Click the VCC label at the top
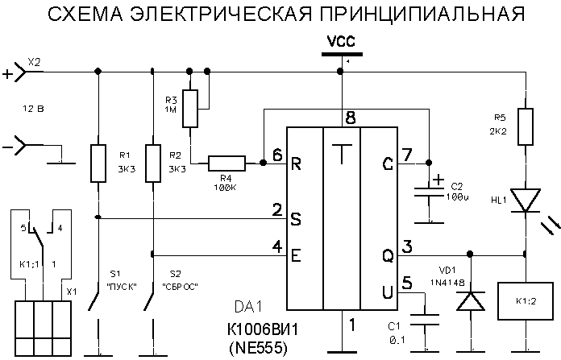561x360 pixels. [x=340, y=40]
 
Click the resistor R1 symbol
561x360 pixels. [x=98, y=162]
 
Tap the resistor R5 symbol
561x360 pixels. [x=525, y=126]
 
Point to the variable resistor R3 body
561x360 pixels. [x=191, y=109]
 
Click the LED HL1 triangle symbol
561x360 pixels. [x=525, y=200]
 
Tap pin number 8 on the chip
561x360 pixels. [x=349, y=118]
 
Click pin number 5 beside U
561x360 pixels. [x=406, y=282]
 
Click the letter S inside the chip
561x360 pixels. [x=296, y=218]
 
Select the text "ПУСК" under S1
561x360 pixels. [x=121, y=287]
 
